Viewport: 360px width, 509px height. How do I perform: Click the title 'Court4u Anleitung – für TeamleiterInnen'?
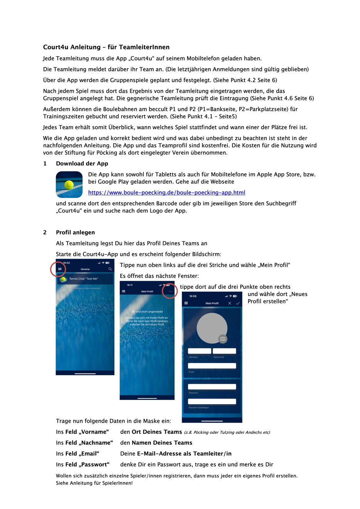click(106, 47)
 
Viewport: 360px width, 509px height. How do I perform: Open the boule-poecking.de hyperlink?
click(167, 192)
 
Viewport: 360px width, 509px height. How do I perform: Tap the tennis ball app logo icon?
click(69, 185)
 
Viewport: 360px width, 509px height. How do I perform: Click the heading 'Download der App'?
click(82, 163)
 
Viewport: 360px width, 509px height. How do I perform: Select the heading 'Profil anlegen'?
click(75, 232)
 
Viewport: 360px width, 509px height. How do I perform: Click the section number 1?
click(45, 163)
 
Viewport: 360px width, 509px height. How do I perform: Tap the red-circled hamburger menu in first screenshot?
click(60, 269)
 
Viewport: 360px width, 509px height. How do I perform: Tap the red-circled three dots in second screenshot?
click(170, 291)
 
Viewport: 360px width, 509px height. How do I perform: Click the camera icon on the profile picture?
click(223, 339)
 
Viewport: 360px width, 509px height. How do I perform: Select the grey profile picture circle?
click(211, 328)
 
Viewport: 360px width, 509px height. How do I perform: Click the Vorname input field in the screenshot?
click(199, 351)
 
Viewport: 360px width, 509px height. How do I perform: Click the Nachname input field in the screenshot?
click(224, 351)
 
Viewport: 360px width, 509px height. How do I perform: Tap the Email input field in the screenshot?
click(212, 366)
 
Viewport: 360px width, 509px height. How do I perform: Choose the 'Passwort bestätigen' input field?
click(212, 401)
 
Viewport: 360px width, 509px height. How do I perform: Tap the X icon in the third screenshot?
click(230, 303)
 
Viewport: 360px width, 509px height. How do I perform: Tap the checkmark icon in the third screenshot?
click(238, 303)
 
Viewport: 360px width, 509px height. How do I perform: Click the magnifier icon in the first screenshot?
click(110, 269)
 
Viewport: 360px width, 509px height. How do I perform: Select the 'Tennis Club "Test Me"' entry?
click(84, 279)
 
